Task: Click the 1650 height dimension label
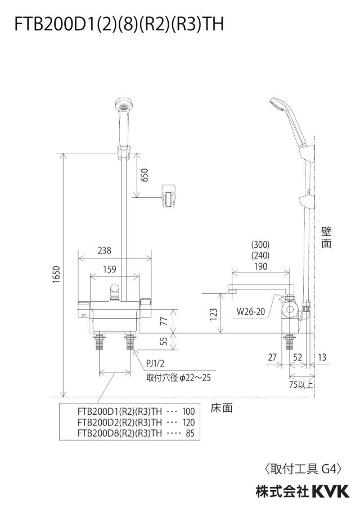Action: tap(56, 274)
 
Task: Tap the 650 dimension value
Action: tap(144, 175)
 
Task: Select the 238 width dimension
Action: tap(105, 251)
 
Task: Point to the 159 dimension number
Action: tap(109, 269)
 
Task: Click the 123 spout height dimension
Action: tap(213, 314)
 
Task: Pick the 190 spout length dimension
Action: tap(261, 266)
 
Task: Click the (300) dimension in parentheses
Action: tap(260, 244)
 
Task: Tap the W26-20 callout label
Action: tap(251, 312)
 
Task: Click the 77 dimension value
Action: tap(164, 321)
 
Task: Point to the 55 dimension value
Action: tap(164, 341)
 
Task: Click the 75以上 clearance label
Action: tap(301, 384)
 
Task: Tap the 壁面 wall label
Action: tap(326, 238)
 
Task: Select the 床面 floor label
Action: tap(222, 408)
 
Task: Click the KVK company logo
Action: tap(331, 492)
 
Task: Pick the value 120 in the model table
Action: tap(188, 423)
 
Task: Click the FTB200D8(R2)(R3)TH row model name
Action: tap(120, 433)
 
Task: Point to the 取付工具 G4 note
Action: tap(303, 469)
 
